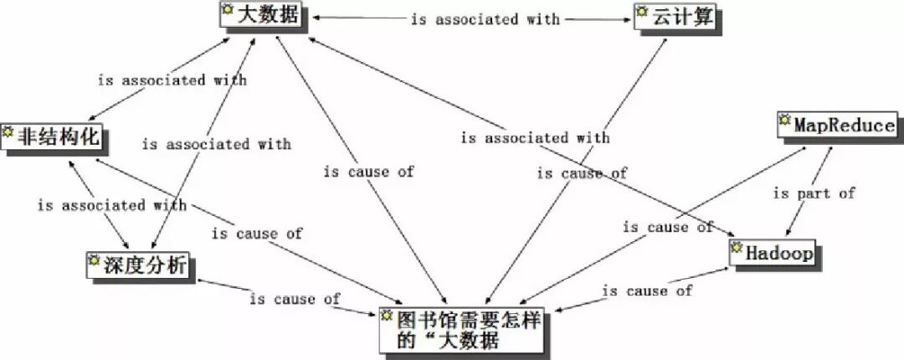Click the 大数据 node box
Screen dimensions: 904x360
(259, 16)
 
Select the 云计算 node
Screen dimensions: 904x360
(675, 18)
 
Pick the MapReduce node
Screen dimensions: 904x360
(837, 126)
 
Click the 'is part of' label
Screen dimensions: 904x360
(814, 193)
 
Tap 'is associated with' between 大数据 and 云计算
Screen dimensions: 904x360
(485, 18)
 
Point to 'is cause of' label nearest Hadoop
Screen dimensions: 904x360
(648, 291)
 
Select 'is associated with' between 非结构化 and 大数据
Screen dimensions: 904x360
(172, 80)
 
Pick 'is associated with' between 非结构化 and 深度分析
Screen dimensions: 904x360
(111, 204)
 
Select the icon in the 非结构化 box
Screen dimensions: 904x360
(9, 132)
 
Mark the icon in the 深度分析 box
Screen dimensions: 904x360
(93, 262)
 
